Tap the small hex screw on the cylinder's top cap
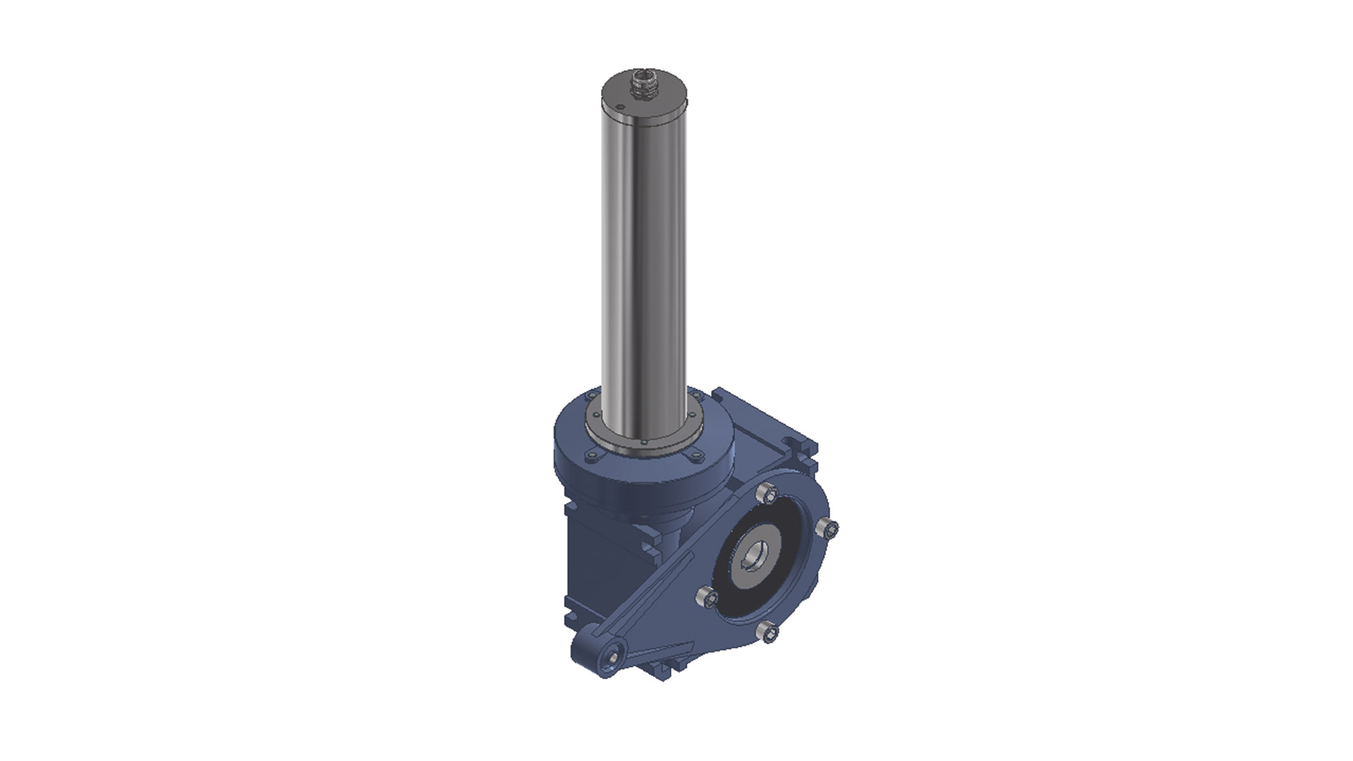(619, 107)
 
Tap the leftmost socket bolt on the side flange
(707, 598)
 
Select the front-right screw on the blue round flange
(696, 457)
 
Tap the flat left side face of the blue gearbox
(599, 564)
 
